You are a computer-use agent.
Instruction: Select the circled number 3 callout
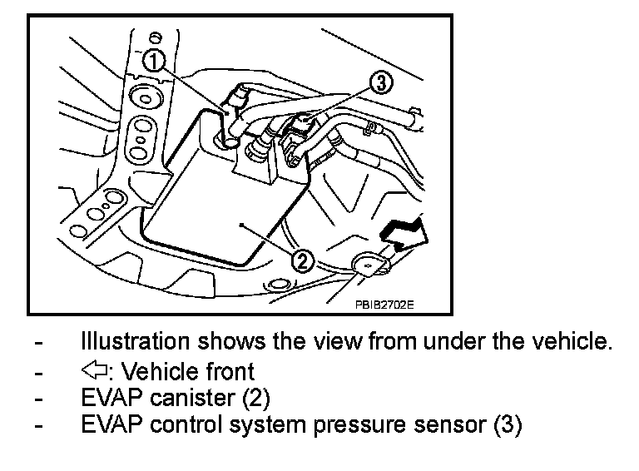coord(379,82)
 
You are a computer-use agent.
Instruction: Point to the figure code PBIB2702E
coord(385,305)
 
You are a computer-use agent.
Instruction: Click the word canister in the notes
coord(192,397)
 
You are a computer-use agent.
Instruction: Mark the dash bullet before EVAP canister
coord(38,397)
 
